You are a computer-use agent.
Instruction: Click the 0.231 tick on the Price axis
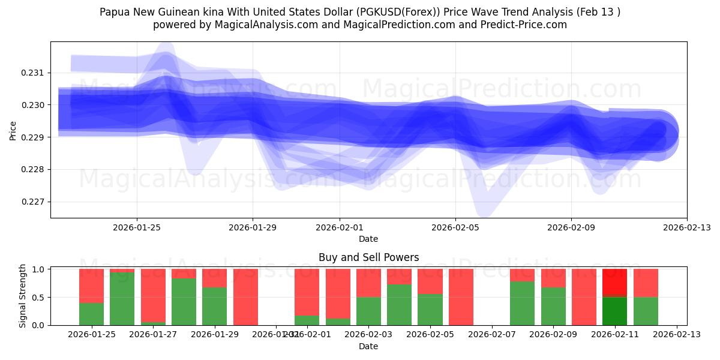34,73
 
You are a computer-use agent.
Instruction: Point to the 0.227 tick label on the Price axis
34,202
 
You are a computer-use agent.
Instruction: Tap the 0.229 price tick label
34,137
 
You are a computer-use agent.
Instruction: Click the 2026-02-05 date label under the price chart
455,227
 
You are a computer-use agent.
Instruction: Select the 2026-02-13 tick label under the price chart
686,227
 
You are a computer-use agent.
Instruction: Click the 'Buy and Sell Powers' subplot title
368,257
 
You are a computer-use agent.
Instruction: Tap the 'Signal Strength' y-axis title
23,296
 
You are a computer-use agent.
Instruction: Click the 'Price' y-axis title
13,130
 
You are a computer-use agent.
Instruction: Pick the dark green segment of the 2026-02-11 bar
614,311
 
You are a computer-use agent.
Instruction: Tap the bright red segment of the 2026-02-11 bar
614,283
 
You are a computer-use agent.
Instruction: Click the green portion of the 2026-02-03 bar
368,311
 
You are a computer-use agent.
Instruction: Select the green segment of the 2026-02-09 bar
553,306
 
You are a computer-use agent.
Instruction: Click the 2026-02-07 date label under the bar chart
491,335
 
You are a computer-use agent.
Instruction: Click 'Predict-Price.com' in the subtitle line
526,25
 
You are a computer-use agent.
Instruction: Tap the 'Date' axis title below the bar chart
368,346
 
